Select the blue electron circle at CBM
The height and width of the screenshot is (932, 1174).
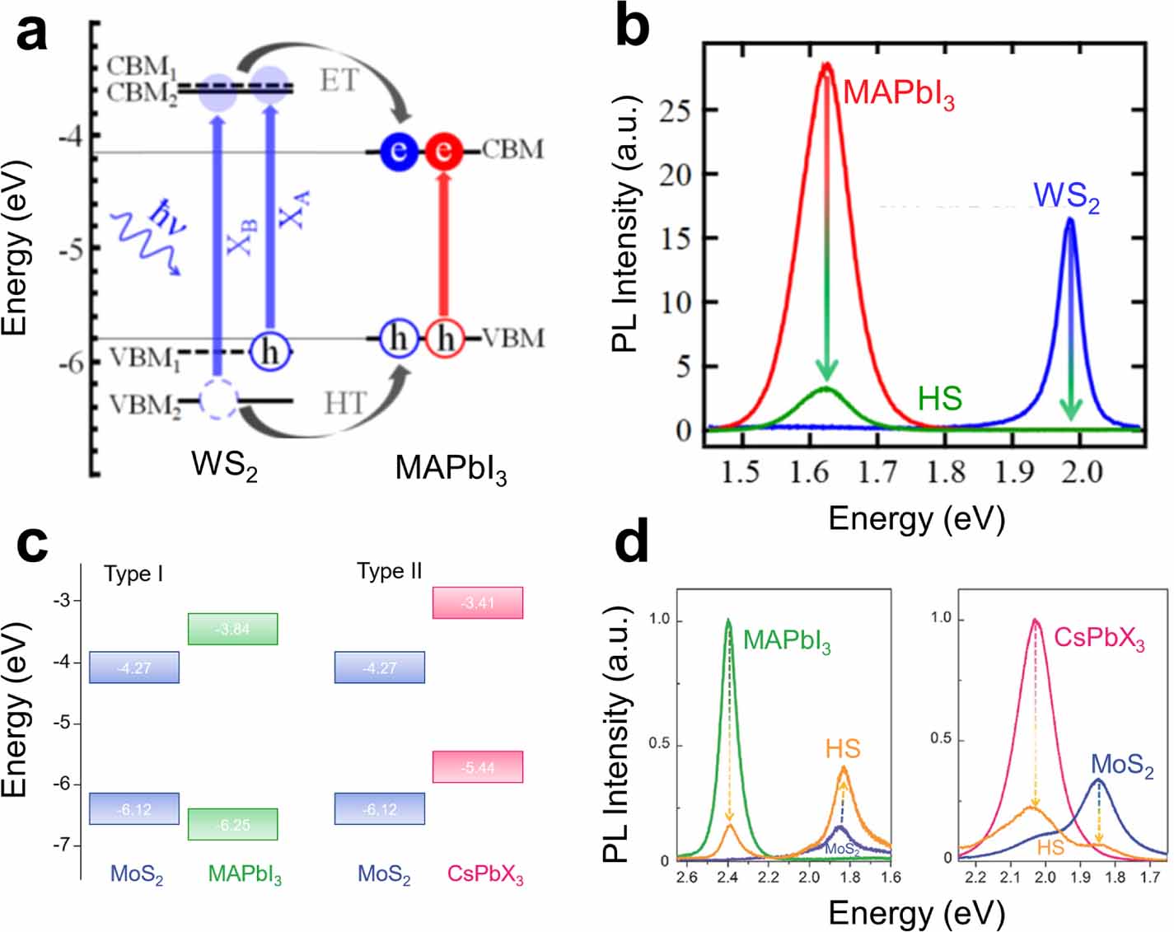point(399,152)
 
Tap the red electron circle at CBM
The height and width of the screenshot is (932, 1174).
point(444,152)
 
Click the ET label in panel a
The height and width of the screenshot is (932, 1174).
point(339,81)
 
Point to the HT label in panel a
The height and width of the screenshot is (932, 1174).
point(344,403)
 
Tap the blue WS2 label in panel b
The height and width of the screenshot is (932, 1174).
point(1066,196)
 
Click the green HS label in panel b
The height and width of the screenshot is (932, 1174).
point(939,399)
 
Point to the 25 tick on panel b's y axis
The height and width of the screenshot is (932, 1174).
point(675,110)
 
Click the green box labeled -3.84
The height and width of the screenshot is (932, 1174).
point(232,629)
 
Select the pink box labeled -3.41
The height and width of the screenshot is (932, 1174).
point(478,602)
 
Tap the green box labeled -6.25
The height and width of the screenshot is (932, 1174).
point(232,824)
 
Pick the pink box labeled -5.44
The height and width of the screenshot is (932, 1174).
point(478,766)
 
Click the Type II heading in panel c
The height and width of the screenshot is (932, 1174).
point(389,571)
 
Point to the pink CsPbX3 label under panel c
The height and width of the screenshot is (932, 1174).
point(485,874)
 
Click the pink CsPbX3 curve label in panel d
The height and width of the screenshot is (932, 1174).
point(1099,639)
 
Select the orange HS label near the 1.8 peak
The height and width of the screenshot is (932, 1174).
point(843,748)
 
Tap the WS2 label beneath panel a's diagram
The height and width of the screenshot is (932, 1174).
point(224,466)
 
